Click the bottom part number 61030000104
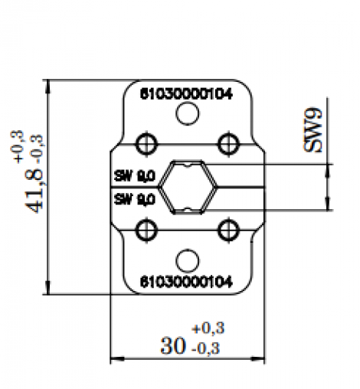(x=186, y=280)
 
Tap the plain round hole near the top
(x=187, y=114)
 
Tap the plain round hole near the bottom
(x=187, y=260)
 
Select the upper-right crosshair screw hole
(x=227, y=142)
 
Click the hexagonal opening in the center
(x=187, y=186)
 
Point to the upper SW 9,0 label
(x=134, y=175)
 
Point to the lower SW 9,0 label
(x=134, y=199)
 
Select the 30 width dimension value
(x=172, y=345)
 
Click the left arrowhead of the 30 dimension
(x=116, y=358)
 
